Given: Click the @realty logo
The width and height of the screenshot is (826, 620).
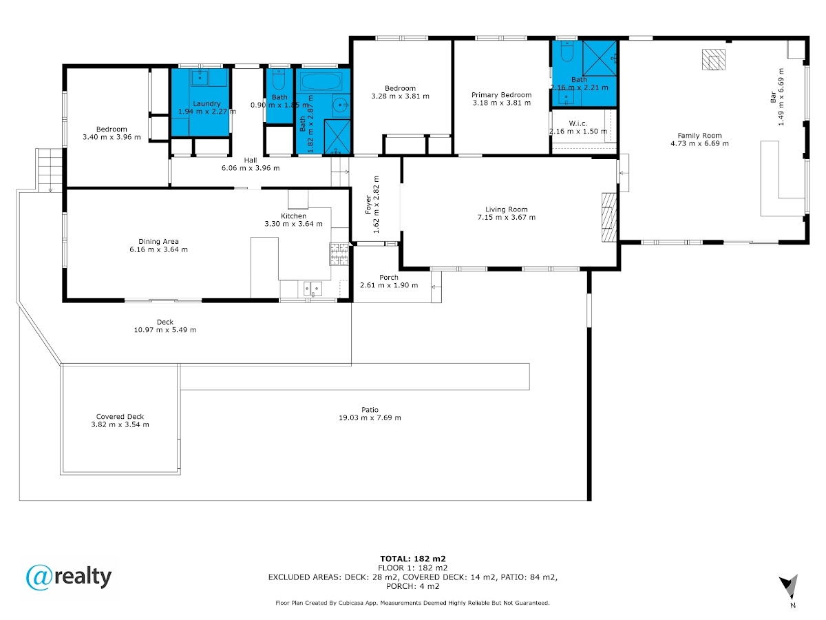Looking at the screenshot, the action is [x=68, y=577].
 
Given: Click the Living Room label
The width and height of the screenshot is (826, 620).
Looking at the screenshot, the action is [x=506, y=209].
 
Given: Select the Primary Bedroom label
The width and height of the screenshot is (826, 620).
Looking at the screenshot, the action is [x=501, y=95].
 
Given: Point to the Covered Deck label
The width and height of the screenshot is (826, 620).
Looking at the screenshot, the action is [x=120, y=416].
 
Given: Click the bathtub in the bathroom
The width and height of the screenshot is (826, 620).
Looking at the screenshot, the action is [x=321, y=82].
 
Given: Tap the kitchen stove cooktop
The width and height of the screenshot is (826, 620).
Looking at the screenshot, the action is [x=339, y=254].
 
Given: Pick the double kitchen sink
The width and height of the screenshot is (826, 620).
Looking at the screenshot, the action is [x=313, y=289].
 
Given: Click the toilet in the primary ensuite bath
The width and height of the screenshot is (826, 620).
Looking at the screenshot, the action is [x=566, y=52].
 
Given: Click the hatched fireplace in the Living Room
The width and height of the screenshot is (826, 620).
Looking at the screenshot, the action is [x=609, y=217].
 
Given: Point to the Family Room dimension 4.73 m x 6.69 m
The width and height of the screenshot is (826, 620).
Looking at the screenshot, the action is [x=699, y=143].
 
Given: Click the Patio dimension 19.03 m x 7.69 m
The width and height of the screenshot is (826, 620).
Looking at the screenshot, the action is [x=370, y=417].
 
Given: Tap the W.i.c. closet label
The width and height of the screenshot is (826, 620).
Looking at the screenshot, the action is [x=578, y=123].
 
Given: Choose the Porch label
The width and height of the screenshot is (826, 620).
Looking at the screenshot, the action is [x=389, y=277].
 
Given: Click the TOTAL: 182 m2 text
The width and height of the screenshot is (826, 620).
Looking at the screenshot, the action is [x=413, y=559].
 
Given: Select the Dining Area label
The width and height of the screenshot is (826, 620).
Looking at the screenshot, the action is [x=158, y=241].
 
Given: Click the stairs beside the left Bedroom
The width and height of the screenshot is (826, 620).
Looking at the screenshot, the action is [x=50, y=169].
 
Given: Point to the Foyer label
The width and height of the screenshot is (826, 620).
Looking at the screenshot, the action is [x=368, y=205].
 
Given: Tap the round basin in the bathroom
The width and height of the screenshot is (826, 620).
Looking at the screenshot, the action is [x=341, y=104].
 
